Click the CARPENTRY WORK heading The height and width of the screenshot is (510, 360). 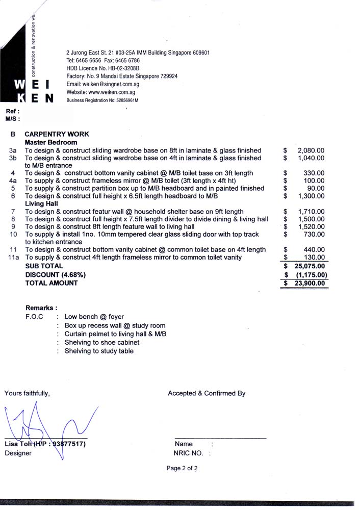57,134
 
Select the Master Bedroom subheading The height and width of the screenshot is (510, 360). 51,142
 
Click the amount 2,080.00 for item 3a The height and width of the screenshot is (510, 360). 311,150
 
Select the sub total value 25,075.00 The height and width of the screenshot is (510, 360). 310,266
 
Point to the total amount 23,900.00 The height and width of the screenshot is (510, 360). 310,284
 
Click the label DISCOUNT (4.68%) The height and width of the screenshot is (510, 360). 56,274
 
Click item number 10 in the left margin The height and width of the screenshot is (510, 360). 14,234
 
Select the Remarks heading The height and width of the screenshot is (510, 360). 41,308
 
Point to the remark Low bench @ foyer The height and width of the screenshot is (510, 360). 94,317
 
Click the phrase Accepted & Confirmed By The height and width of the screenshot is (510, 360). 207,393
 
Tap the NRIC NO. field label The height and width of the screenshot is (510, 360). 188,453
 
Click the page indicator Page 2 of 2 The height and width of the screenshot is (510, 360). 182,468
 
